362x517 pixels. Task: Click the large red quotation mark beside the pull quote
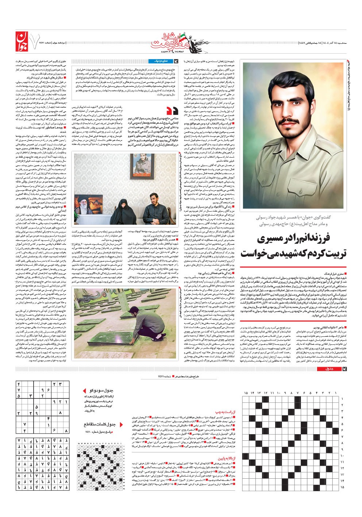172,111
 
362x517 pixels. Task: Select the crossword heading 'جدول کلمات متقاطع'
100,424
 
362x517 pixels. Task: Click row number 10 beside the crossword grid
342,456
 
